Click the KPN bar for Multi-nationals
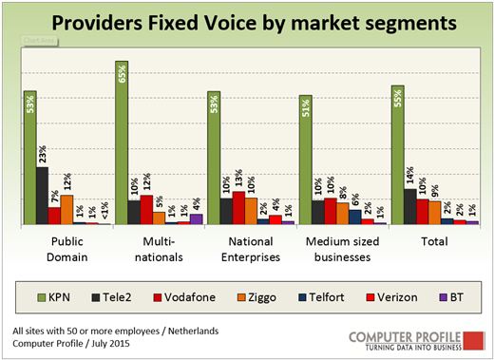tap(122, 142)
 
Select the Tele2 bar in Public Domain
tap(43, 196)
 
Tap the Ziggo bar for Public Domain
tap(66, 210)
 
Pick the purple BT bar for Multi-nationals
tap(197, 219)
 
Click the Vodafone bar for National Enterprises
tap(238, 208)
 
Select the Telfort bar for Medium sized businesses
tap(355, 217)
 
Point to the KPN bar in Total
tap(398, 155)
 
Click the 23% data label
tap(42, 154)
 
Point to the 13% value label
tap(238, 178)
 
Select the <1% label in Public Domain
tap(104, 210)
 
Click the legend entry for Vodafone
tap(184, 297)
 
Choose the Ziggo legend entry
tap(256, 297)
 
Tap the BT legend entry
tap(451, 297)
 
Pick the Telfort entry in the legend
tap(321, 297)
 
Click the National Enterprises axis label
tap(251, 250)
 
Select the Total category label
tap(434, 241)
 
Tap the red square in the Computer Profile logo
tap(474, 341)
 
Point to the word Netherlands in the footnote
tap(193, 332)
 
